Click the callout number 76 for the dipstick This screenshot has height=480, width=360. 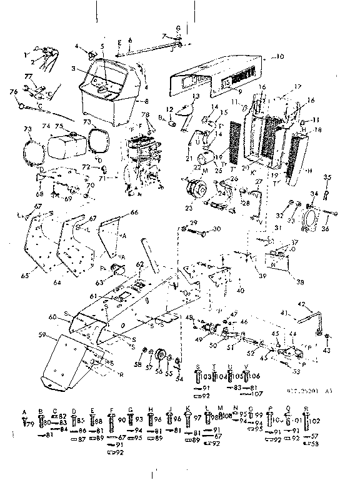[x=12, y=92]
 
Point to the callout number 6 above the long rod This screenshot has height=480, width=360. [x=129, y=39]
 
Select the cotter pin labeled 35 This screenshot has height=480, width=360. [x=327, y=193]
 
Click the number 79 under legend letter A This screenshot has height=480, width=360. [x=27, y=424]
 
